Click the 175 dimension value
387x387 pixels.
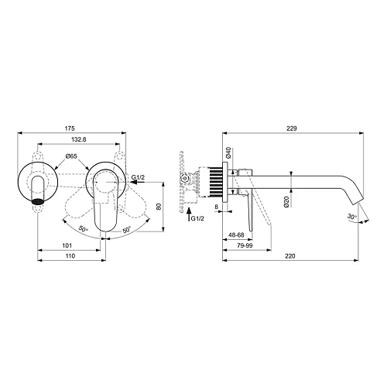70,128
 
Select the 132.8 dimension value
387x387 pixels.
79,139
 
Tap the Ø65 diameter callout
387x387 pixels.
71,156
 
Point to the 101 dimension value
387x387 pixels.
67,245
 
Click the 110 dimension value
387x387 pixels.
70,255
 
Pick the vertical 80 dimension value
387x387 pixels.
159,207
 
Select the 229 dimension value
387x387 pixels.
292,128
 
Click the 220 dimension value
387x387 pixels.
290,256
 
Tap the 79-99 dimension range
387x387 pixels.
245,245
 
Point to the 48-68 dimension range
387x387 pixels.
236,235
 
